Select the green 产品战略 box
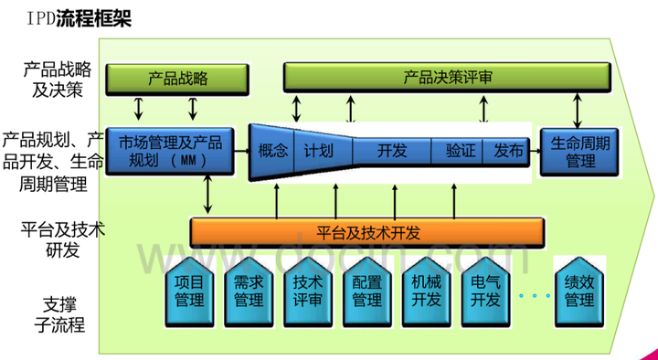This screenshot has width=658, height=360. pyautogui.click(x=177, y=79)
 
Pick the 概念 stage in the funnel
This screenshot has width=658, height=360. pyautogui.click(x=273, y=151)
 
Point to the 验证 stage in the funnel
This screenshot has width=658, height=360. pyautogui.click(x=460, y=151)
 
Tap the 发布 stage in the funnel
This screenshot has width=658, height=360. pyautogui.click(x=508, y=151)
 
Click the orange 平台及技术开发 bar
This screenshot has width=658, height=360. pyautogui.click(x=368, y=232)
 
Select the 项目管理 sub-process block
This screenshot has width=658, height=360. pyautogui.click(x=188, y=291)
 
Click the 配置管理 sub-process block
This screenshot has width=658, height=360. pyautogui.click(x=367, y=291)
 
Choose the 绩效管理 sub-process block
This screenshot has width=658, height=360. pyautogui.click(x=579, y=291)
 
